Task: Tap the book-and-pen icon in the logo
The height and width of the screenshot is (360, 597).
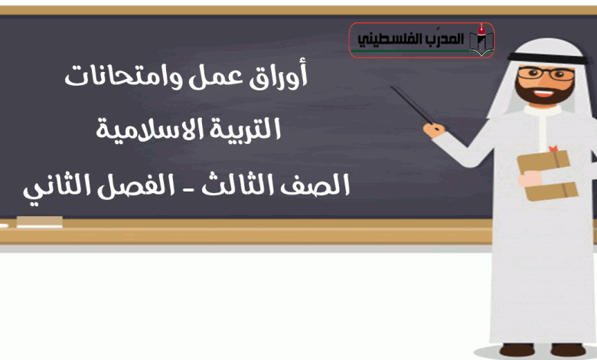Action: pos(481,40)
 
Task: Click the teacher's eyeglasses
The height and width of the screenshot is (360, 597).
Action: pos(546,74)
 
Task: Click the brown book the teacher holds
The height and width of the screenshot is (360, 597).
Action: pos(546,175)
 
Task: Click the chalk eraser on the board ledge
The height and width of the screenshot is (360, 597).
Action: pos(40,221)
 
